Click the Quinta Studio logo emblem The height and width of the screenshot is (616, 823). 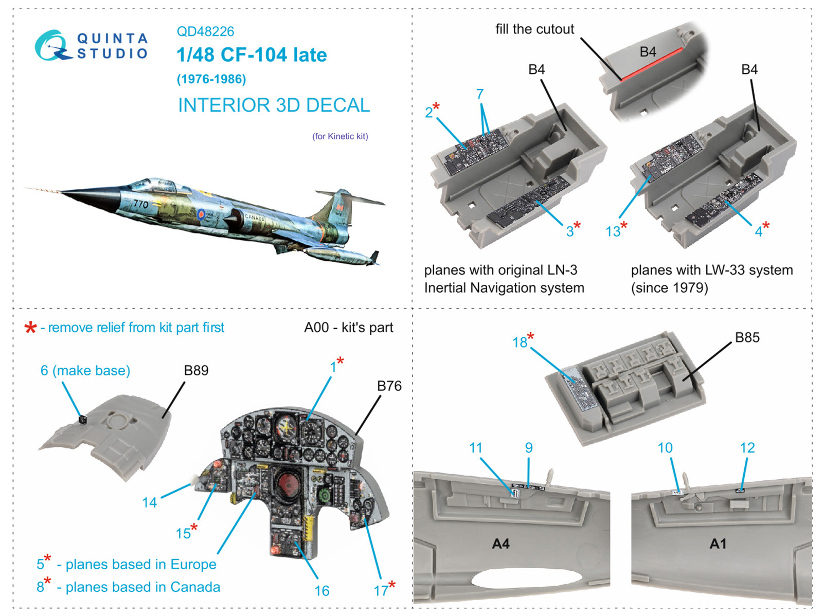[x=51, y=46]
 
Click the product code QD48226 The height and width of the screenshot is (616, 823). [x=205, y=31]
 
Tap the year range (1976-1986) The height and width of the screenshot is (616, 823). [x=211, y=79]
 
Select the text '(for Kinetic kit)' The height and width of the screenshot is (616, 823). [x=340, y=136]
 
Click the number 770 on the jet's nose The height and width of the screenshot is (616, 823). [x=140, y=204]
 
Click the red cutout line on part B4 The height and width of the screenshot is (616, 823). [x=652, y=65]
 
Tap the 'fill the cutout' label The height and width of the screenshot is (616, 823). [x=534, y=29]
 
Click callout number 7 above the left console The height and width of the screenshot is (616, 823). [x=480, y=95]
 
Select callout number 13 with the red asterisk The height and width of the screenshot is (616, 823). [x=613, y=231]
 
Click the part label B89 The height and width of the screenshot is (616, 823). [x=196, y=370]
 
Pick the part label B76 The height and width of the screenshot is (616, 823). [x=389, y=386]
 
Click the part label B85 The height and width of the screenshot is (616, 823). [x=747, y=337]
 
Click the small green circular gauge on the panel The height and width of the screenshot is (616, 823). [x=325, y=495]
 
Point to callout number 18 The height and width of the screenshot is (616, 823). [x=520, y=342]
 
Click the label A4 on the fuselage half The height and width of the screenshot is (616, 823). [x=500, y=543]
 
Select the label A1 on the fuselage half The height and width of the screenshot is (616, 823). [x=718, y=543]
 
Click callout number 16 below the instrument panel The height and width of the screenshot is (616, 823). [x=322, y=591]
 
